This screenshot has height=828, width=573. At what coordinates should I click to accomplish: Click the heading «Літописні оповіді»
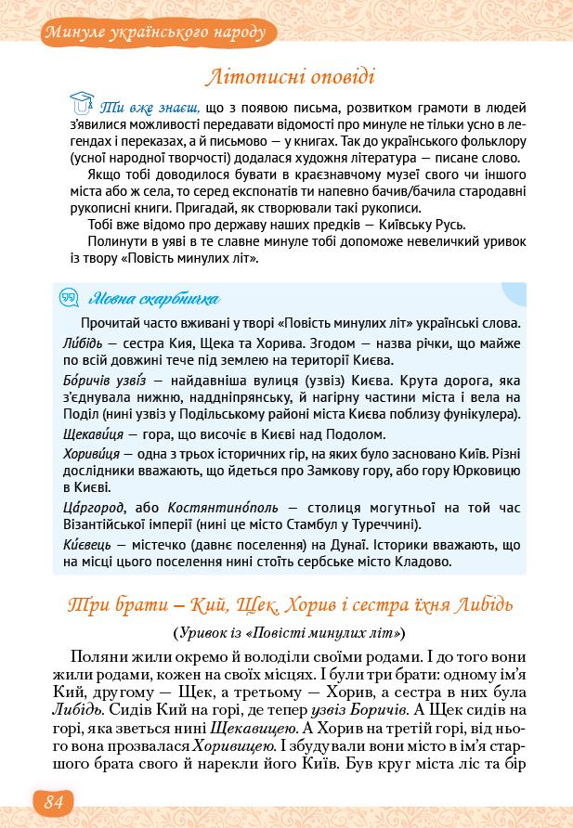tap(294, 78)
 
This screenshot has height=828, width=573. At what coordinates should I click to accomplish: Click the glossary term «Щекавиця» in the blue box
tap(98, 433)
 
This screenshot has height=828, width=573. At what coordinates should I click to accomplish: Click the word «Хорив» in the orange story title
tap(322, 605)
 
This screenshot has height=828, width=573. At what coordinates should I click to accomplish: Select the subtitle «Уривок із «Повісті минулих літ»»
tap(289, 633)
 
